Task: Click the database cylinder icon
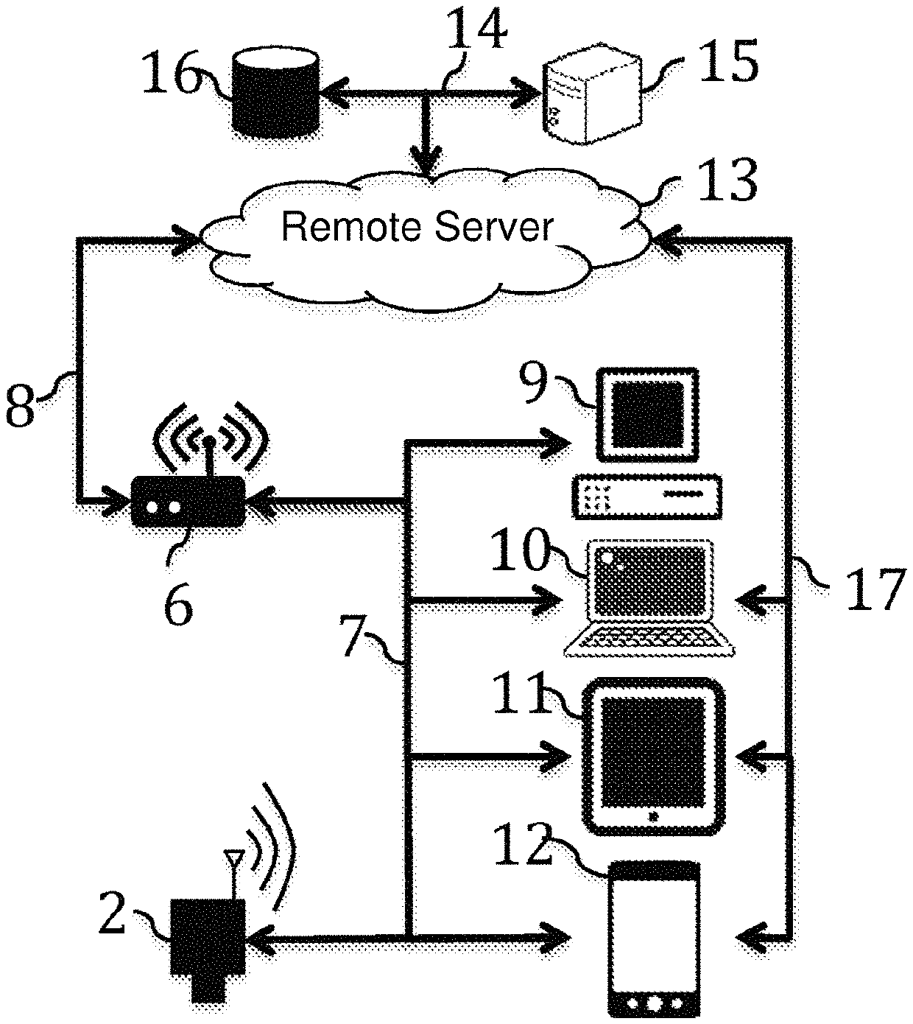coord(275,93)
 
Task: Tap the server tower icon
coord(592,94)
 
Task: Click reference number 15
coord(728,60)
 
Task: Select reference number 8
coord(20,405)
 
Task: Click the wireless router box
coord(188,500)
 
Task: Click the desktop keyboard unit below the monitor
coord(647,497)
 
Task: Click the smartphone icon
coord(655,939)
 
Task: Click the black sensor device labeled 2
coord(208,949)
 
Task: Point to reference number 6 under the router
coord(178,604)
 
